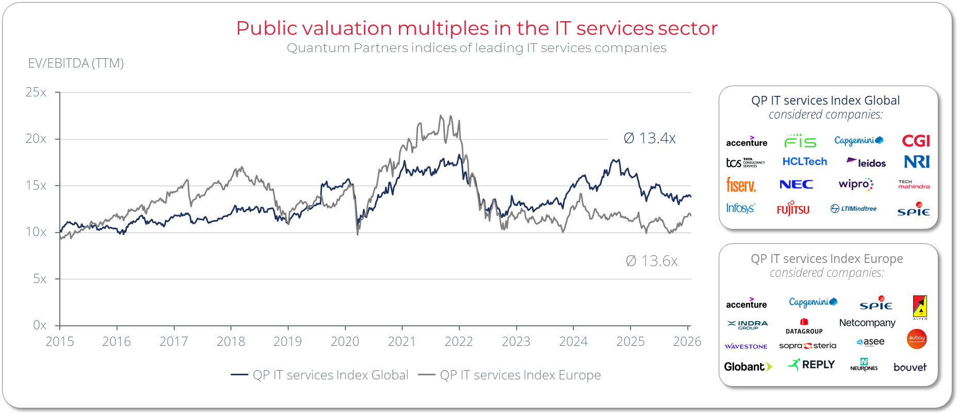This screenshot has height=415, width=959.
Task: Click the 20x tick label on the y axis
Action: [x=36, y=139]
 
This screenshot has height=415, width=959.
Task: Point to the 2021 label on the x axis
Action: [x=402, y=341]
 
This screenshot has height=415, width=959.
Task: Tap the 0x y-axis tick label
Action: [x=39, y=325]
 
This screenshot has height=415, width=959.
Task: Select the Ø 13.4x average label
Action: [x=649, y=138]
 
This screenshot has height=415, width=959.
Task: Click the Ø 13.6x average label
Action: [x=651, y=261]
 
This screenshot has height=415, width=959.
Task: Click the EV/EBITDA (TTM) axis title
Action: [x=76, y=63]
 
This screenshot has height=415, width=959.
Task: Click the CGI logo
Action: [x=916, y=141]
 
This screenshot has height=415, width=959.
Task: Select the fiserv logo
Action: [x=741, y=185]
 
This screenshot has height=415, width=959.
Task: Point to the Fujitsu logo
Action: [x=793, y=209]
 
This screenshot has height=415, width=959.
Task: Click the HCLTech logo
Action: [x=804, y=162]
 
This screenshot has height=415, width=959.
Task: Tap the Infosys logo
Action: [x=740, y=208]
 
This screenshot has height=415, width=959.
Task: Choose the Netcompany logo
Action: [x=867, y=323]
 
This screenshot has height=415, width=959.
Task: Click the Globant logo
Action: [x=748, y=367]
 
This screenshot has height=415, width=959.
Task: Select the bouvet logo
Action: [x=910, y=367]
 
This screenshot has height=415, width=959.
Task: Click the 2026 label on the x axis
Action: [x=687, y=341]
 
